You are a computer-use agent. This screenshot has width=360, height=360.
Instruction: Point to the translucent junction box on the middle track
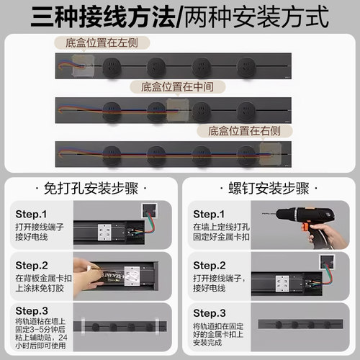pos(176,109)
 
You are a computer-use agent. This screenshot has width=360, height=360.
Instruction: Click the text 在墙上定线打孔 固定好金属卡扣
pos(223,233)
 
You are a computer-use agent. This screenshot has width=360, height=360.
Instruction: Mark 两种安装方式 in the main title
pos(256,16)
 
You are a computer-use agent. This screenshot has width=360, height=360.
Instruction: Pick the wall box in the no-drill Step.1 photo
pos(149,210)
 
